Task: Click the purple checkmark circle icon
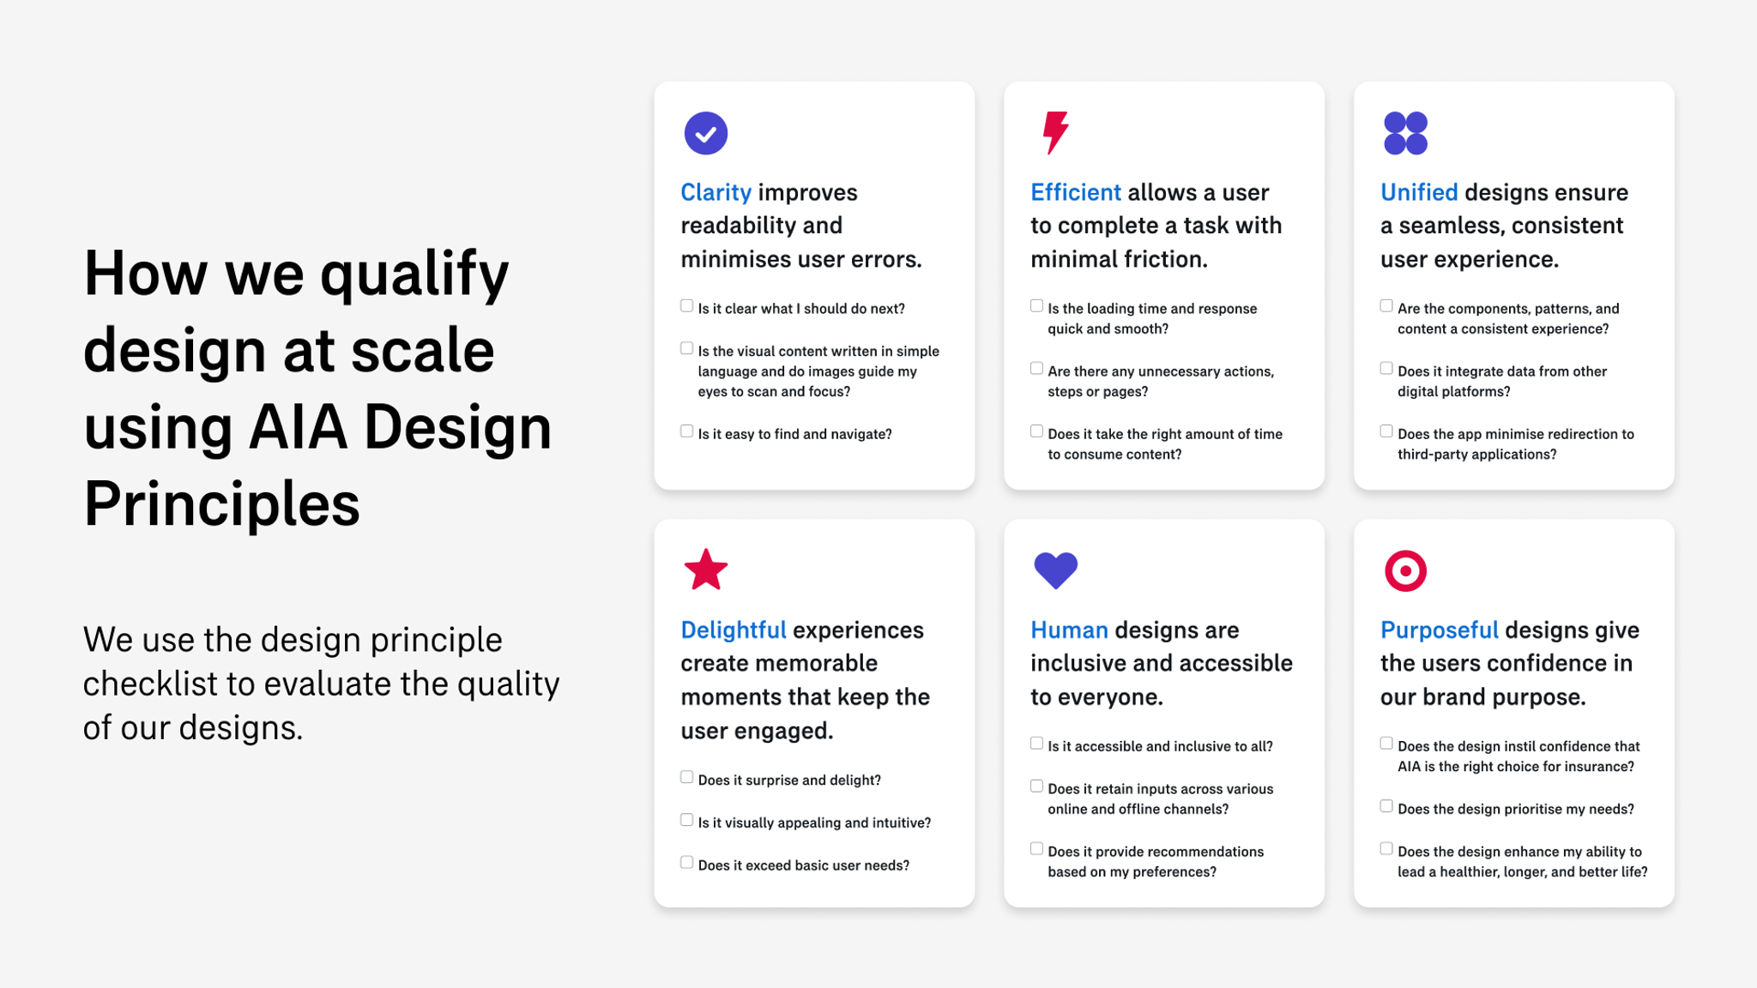click(705, 133)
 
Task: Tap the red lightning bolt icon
click(1055, 132)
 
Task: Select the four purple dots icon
click(1405, 133)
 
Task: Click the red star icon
click(705, 570)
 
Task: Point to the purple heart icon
click(1055, 570)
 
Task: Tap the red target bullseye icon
click(1405, 570)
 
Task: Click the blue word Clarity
click(715, 192)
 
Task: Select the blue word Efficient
click(1075, 192)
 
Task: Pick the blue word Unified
click(1418, 192)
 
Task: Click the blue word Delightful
click(733, 630)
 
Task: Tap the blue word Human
click(1069, 630)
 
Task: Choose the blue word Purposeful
click(1439, 630)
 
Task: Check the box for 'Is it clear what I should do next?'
click(686, 306)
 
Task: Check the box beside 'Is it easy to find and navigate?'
click(686, 431)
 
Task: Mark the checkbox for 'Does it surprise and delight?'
click(686, 777)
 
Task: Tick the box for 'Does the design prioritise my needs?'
click(1386, 806)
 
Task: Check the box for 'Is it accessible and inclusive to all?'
click(1036, 744)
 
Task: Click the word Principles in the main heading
click(221, 504)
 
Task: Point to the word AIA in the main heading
click(298, 427)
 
